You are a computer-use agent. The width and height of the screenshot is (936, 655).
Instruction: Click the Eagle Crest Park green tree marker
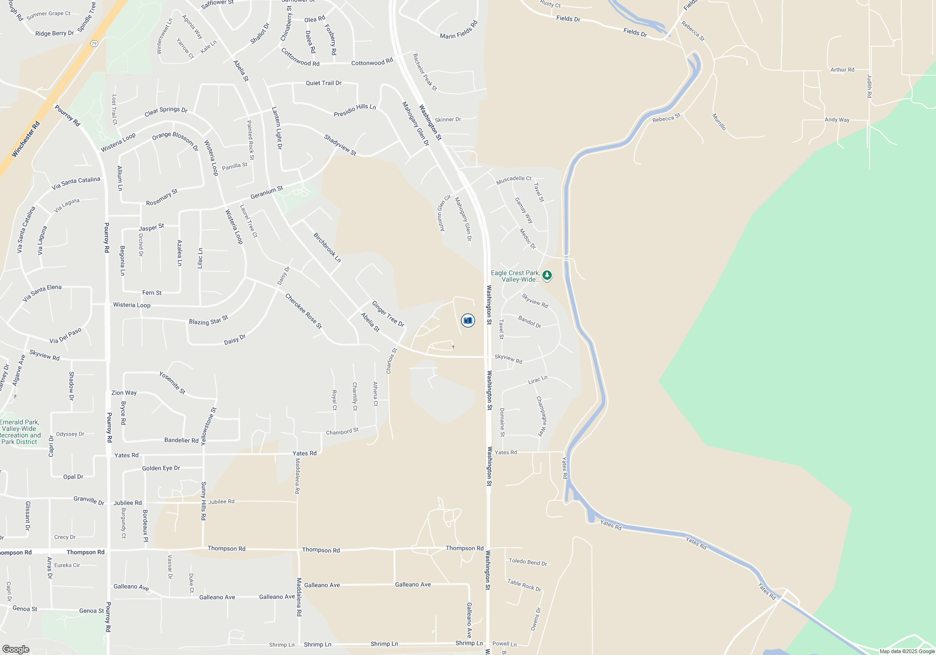coord(547,275)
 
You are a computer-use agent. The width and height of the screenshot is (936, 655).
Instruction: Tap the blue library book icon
coord(468,320)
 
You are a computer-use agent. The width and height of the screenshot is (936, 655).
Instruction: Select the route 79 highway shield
coord(95,44)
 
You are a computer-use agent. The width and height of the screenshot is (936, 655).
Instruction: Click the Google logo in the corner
coord(16,649)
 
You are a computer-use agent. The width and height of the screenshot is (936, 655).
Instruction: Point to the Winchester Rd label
coord(26,139)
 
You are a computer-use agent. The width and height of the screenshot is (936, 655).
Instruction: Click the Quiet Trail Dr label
coord(323,83)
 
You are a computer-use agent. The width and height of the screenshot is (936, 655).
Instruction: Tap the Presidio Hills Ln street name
coord(355,110)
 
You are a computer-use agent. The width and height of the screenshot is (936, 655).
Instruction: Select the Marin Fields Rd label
coord(459,30)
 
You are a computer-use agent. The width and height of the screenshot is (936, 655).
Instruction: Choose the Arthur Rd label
coord(842,70)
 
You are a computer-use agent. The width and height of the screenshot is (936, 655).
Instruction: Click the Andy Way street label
coord(837,120)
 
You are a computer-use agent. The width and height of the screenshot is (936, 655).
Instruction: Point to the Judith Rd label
coord(869,86)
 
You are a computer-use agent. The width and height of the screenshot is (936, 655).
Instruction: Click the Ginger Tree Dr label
coord(388,314)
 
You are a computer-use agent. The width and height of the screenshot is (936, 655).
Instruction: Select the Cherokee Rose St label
coord(303,311)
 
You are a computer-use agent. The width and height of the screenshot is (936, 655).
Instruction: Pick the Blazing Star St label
coord(208,320)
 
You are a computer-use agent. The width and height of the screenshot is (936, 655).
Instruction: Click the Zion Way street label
coord(124,393)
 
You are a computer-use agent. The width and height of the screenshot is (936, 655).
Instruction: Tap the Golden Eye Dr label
coord(161,468)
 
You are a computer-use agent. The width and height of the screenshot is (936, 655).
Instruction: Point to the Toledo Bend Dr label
coord(527,562)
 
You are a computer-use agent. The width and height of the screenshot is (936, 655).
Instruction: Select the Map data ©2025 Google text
coord(907,651)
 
